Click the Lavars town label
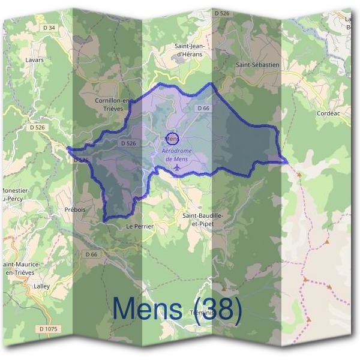(x=35, y=60)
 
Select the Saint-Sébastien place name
(x=258, y=64)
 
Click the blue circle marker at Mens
(x=172, y=139)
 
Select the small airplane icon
(x=177, y=167)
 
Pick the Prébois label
(x=75, y=210)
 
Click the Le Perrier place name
(x=140, y=226)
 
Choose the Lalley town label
(x=42, y=286)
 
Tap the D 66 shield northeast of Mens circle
(x=202, y=108)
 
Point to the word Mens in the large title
(x=148, y=309)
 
